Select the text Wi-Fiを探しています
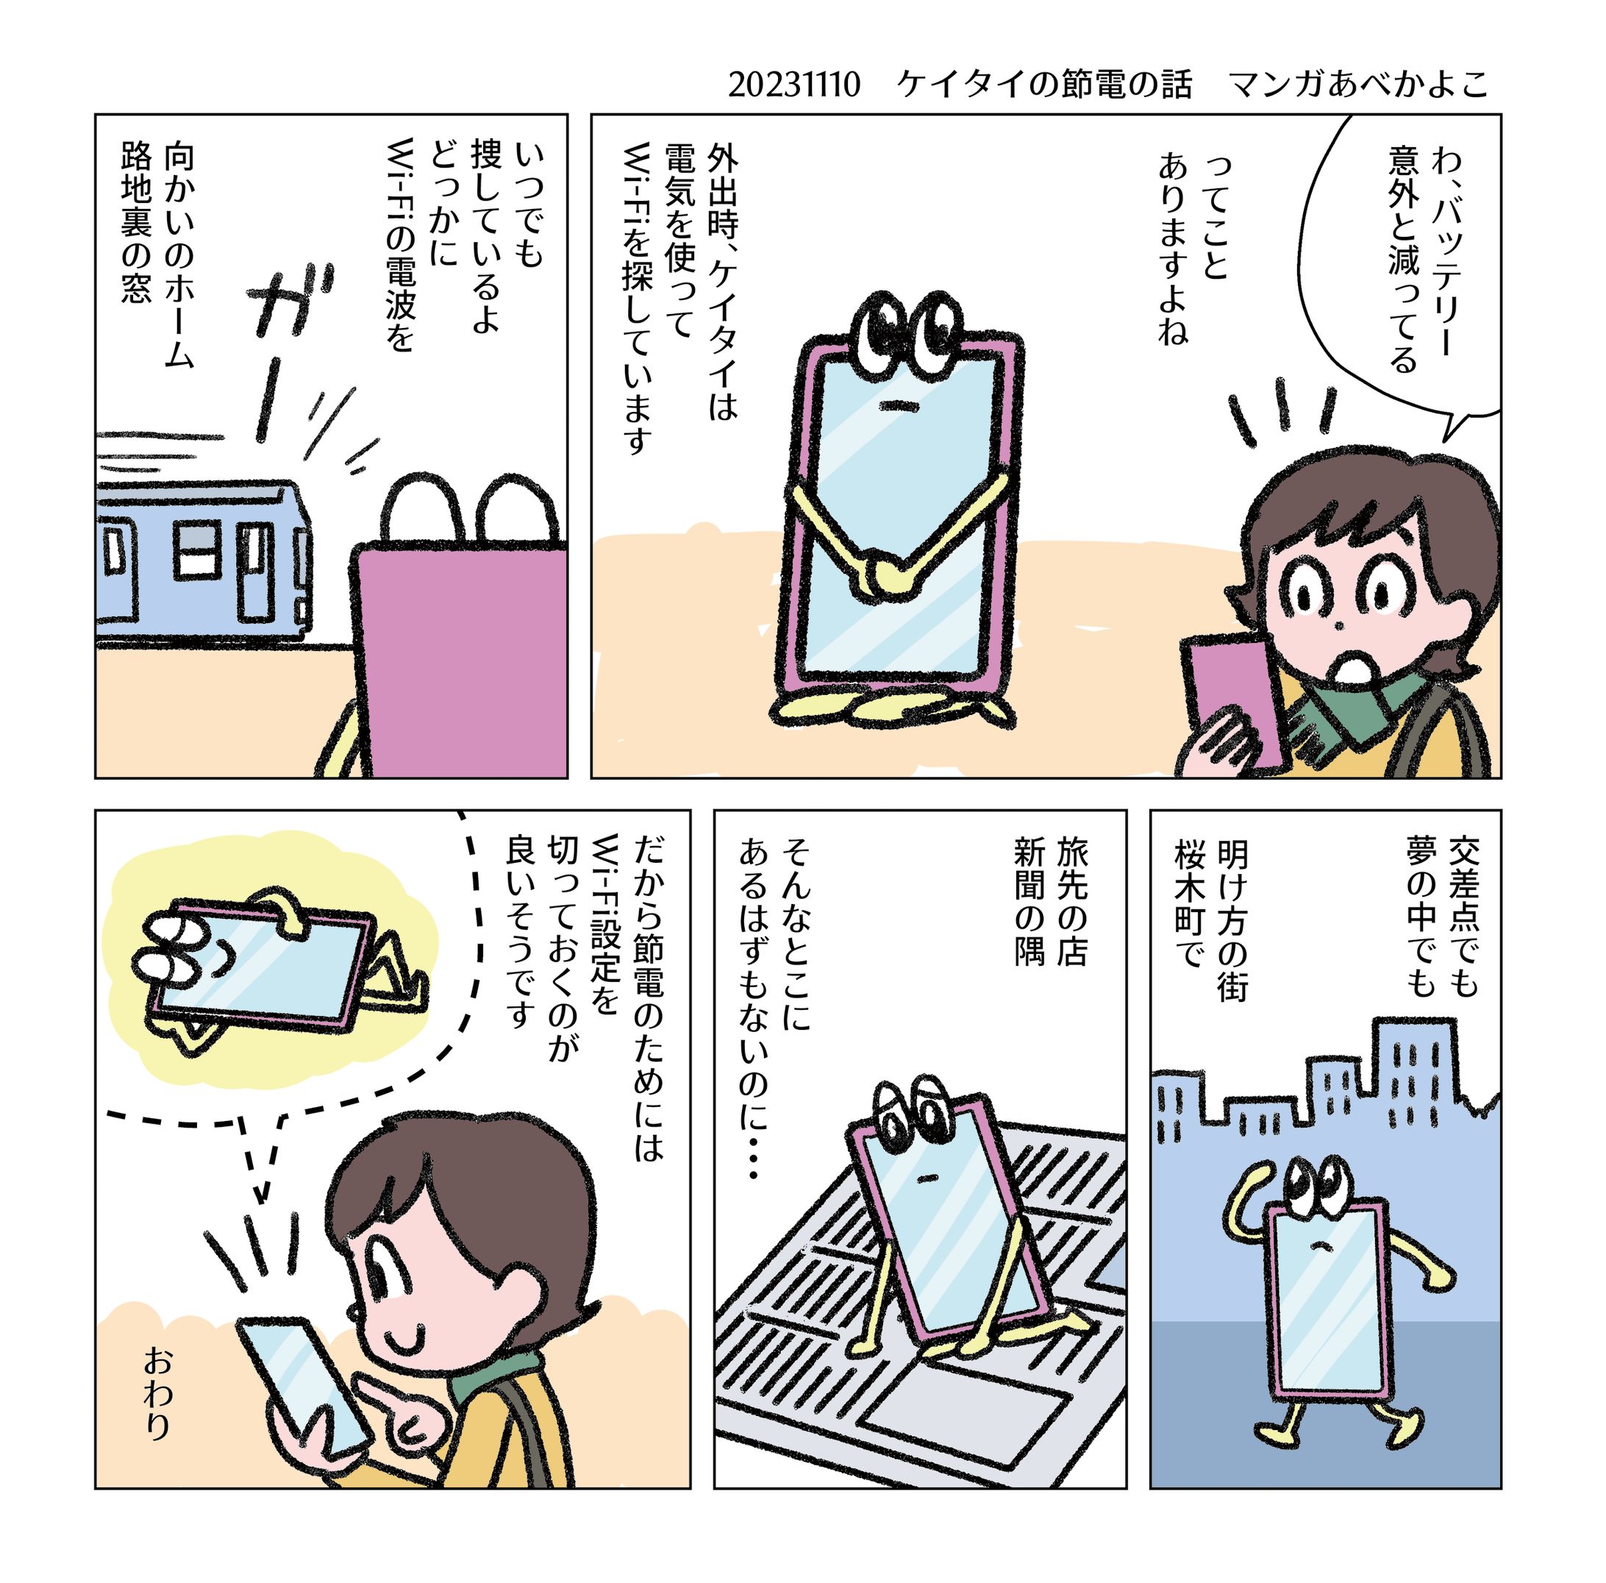tap(637, 299)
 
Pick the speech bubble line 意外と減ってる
tap(1403, 257)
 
